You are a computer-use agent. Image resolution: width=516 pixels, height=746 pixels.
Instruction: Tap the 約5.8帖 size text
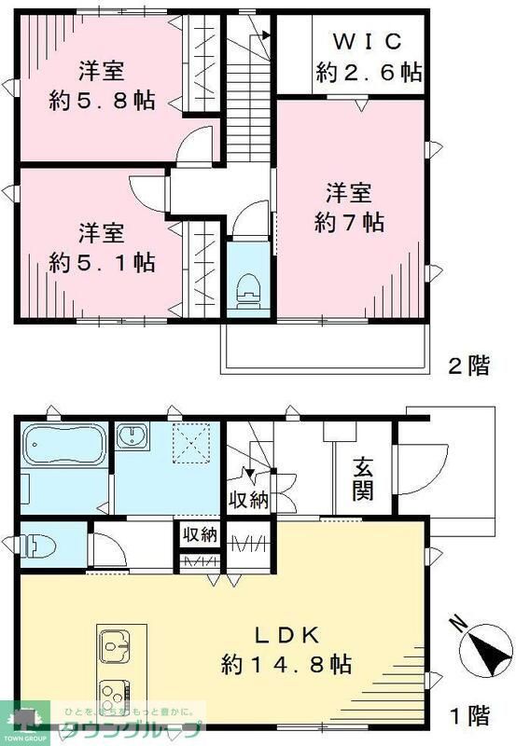pyautogui.click(x=101, y=100)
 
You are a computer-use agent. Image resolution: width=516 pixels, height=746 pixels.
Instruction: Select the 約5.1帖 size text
pyautogui.click(x=101, y=261)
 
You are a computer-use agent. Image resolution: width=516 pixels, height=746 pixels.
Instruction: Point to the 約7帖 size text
pyautogui.click(x=349, y=223)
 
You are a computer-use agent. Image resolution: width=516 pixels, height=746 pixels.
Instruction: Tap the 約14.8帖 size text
pyautogui.click(x=286, y=664)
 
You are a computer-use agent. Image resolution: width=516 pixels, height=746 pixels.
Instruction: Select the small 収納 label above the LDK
pyautogui.click(x=199, y=535)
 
